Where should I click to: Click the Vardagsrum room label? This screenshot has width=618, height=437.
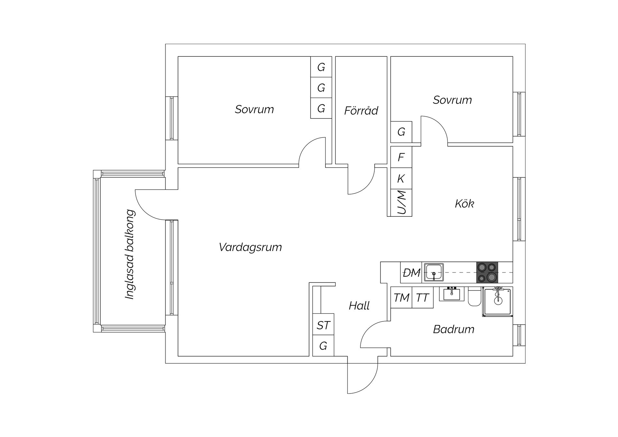[x=250, y=247]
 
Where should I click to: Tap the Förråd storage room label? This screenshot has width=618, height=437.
[x=361, y=110]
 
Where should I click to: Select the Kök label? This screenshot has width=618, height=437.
[x=464, y=204]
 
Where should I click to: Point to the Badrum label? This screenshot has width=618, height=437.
[x=454, y=329]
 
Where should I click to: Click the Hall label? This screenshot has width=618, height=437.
[x=359, y=306]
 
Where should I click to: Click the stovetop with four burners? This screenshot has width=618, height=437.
[x=487, y=272]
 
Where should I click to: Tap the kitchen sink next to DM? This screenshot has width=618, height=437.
[x=434, y=272]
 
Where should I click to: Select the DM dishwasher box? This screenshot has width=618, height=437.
[x=411, y=272]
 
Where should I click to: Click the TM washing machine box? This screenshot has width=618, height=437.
[x=401, y=298]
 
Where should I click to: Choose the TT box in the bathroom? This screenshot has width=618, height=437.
[x=423, y=298]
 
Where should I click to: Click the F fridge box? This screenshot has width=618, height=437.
[x=401, y=157]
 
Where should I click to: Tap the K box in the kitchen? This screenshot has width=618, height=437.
[x=401, y=178]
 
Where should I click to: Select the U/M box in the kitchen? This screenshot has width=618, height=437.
[x=401, y=203]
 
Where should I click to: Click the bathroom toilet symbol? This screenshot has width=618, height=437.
[x=474, y=297]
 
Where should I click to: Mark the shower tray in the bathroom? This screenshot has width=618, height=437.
[x=498, y=301]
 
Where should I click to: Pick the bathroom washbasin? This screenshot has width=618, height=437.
[x=452, y=294]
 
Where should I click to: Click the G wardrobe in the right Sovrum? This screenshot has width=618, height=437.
[x=401, y=132]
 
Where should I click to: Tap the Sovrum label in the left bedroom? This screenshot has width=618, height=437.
[x=254, y=109]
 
